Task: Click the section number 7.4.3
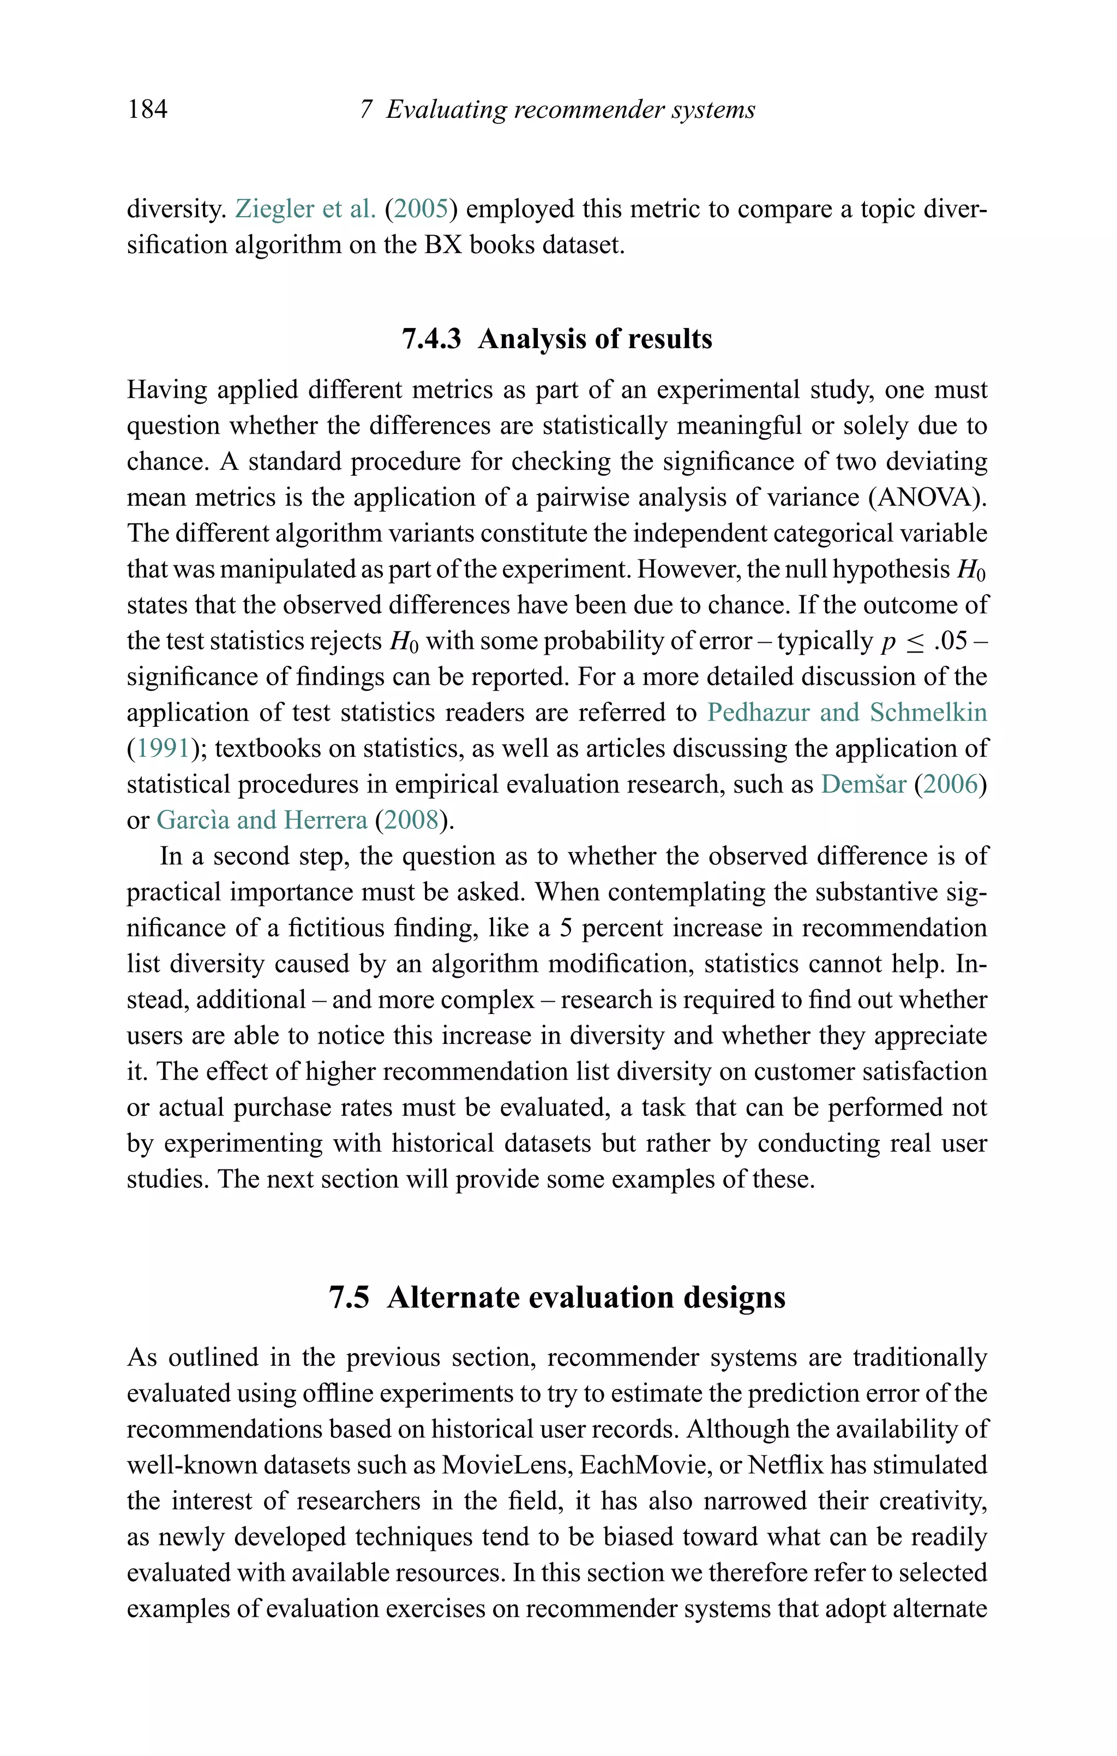point(431,339)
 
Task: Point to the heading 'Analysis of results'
point(595,339)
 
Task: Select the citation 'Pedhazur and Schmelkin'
point(846,713)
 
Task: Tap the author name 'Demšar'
point(863,784)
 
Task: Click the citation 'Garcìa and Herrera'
point(262,820)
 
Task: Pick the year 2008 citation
point(411,820)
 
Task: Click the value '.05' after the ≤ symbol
point(950,641)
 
